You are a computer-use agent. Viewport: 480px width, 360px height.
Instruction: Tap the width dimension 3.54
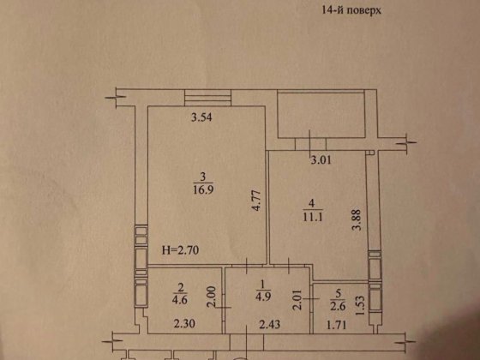click(x=201, y=119)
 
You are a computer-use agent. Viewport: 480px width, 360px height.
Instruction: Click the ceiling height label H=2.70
click(x=179, y=251)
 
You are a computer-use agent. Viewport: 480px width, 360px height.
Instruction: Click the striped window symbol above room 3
click(x=205, y=98)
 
